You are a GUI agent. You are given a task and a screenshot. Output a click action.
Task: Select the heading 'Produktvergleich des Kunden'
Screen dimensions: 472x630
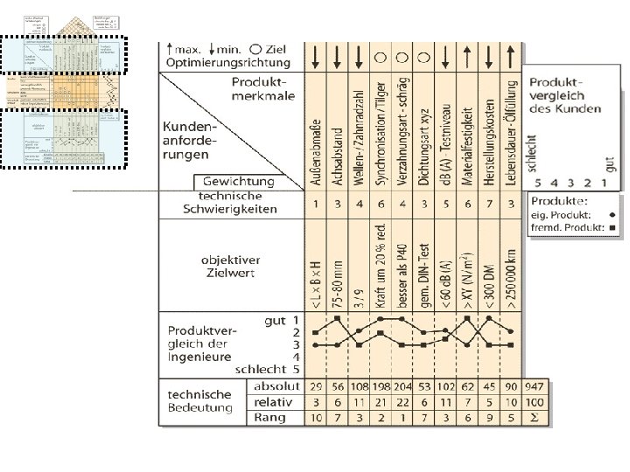point(570,95)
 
